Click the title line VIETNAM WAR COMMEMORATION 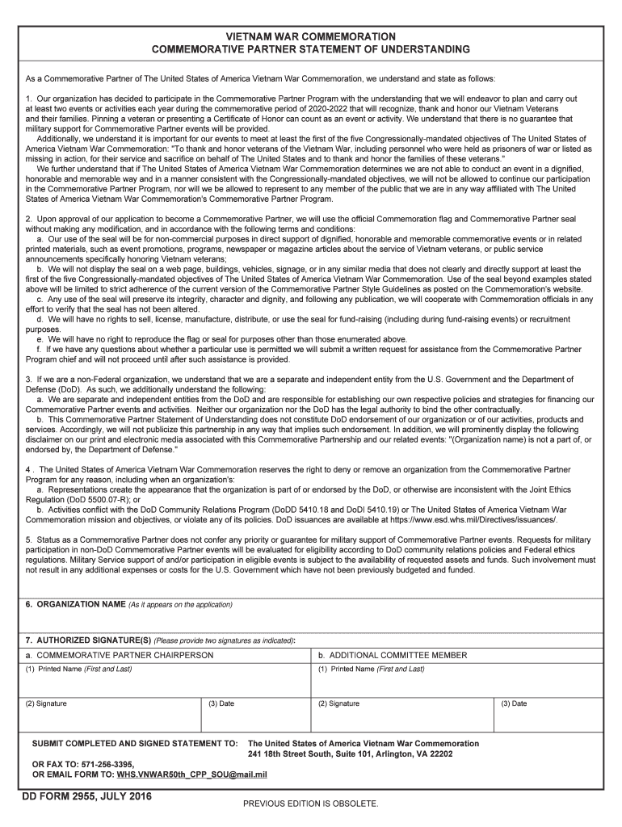(x=311, y=37)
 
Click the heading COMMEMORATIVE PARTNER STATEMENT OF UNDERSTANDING (x=311, y=50)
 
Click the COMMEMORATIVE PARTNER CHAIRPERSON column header (x=120, y=655)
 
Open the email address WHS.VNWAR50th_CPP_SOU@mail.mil (x=192, y=775)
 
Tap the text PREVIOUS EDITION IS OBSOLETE (x=311, y=804)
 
